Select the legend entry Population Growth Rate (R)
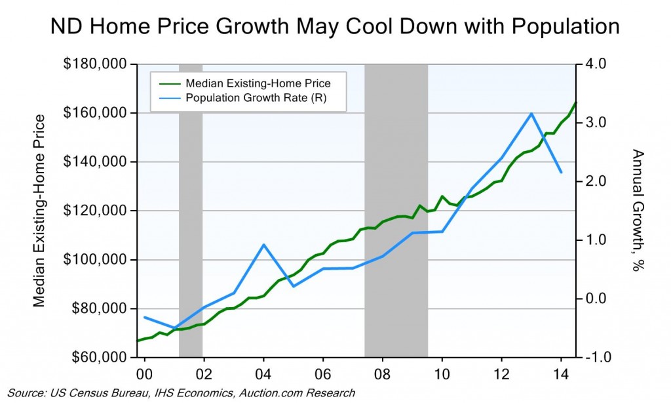tap(256, 98)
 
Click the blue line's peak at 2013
tap(531, 114)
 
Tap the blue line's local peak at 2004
tap(263, 244)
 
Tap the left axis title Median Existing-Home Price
tap(39, 210)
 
